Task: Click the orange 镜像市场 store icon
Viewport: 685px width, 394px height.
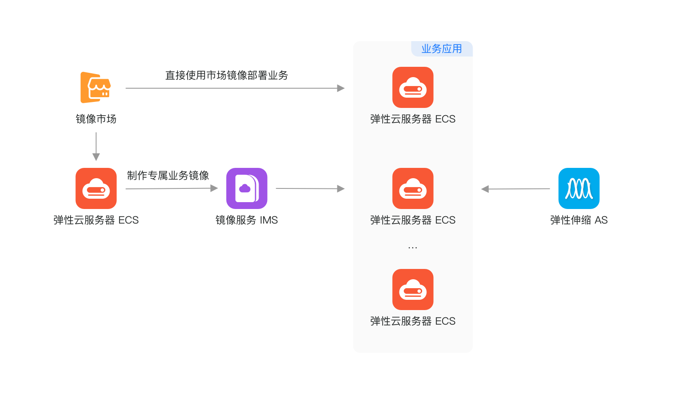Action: (96, 87)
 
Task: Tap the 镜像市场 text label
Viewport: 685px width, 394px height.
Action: (96, 119)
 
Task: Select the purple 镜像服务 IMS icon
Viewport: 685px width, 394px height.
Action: (247, 188)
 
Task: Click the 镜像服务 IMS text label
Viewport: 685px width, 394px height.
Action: (247, 220)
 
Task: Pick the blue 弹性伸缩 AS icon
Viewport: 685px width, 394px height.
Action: (579, 188)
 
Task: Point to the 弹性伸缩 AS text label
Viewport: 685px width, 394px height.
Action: (579, 220)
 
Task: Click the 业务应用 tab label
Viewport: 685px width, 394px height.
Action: (442, 49)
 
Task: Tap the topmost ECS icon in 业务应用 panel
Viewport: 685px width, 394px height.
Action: (413, 87)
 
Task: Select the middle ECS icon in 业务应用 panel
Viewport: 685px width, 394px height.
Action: (413, 188)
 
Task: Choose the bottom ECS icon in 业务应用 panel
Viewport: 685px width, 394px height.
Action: (413, 290)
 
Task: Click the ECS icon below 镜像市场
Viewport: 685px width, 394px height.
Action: (96, 188)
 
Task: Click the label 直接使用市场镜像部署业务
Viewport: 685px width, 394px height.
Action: (226, 75)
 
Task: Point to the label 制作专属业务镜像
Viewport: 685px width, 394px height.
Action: (168, 176)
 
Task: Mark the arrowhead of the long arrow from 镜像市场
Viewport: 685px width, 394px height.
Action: (341, 88)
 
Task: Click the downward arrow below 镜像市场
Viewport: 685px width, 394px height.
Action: (96, 146)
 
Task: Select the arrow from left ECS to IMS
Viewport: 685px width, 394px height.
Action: (171, 188)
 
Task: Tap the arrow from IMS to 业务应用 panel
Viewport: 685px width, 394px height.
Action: (310, 188)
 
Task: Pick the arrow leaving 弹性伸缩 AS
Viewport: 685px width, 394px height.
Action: (515, 189)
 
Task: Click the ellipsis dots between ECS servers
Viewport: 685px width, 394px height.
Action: (413, 248)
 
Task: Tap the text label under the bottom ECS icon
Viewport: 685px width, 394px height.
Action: (413, 321)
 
